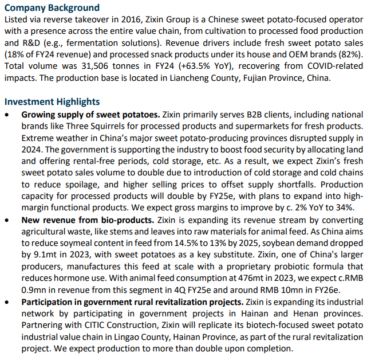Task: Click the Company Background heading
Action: point(52,7)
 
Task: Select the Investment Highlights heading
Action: point(52,102)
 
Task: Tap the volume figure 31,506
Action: point(94,66)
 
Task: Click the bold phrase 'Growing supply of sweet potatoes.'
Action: point(91,115)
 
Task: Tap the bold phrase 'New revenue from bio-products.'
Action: point(88,220)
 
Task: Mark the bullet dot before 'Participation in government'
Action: point(7,303)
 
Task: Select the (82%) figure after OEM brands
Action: point(350,54)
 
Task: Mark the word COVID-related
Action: point(335,66)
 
